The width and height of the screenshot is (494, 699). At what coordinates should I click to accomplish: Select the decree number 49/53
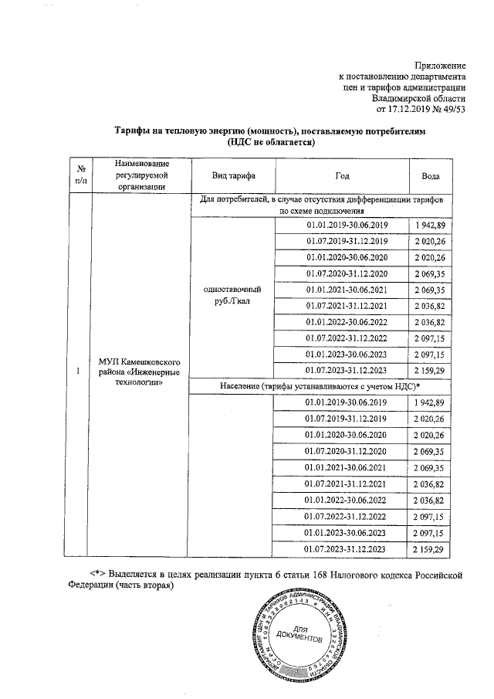tap(452, 109)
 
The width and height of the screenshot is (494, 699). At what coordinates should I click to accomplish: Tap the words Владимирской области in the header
tap(418, 98)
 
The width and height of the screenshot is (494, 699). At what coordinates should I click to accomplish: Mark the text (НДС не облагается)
tap(272, 143)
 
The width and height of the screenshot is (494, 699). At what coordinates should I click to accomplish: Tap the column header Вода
tap(430, 175)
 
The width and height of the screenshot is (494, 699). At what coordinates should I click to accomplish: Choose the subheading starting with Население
tap(321, 385)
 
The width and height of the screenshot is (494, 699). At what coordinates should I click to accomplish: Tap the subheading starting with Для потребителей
tap(320, 205)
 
